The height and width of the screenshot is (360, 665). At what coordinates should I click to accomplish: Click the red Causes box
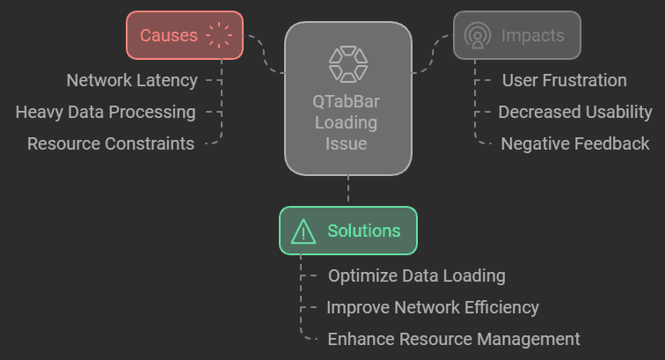[x=184, y=35]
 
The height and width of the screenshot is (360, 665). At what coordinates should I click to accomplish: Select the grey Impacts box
[x=516, y=35]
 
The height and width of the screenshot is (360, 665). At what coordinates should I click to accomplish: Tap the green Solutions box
[x=347, y=231]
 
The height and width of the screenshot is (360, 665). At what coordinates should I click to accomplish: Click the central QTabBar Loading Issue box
[x=347, y=97]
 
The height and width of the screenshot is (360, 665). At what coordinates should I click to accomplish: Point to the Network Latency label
[x=132, y=81]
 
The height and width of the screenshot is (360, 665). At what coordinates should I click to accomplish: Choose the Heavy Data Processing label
[x=106, y=112]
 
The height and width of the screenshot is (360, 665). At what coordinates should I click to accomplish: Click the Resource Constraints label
[x=111, y=143]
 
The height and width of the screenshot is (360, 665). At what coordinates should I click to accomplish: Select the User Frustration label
[x=564, y=81]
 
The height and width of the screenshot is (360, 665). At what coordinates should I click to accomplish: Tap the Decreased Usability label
[x=575, y=112]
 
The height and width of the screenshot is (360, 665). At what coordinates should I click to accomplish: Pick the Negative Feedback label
[x=575, y=143]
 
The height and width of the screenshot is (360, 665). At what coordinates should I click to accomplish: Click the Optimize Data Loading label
[x=416, y=276]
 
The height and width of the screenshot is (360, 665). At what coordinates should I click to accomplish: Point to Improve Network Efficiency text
[x=432, y=307]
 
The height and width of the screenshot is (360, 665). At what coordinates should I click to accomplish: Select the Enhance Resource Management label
[x=453, y=339]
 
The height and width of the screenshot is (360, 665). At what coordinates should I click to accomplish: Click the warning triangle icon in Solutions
[x=303, y=231]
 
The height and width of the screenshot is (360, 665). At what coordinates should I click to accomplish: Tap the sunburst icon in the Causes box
[x=220, y=35]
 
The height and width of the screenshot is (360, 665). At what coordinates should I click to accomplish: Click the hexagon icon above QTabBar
[x=347, y=64]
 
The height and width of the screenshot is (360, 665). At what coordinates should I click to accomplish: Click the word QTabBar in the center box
[x=347, y=102]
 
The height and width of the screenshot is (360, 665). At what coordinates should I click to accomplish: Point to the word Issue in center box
[x=347, y=143]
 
